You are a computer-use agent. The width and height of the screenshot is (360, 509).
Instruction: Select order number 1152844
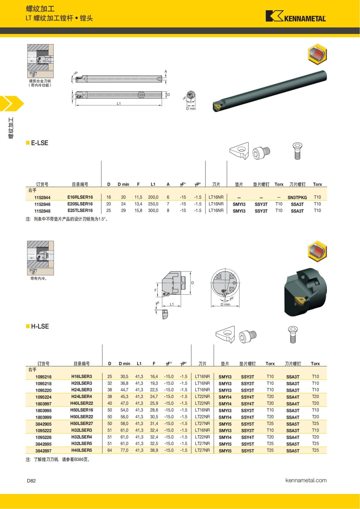click(x=42, y=197)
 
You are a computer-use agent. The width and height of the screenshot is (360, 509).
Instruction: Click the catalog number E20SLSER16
click(x=80, y=204)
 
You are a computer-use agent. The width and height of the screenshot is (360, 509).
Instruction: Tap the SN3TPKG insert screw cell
click(x=297, y=197)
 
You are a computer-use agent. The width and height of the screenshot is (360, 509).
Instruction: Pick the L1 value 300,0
click(x=153, y=211)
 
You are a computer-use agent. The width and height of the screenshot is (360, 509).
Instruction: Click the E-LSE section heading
click(x=39, y=143)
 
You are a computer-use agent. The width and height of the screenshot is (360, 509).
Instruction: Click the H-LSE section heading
click(x=40, y=326)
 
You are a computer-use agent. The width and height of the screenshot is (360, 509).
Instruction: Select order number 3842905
click(x=43, y=424)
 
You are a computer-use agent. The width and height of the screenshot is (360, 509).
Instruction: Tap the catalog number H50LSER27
click(x=82, y=424)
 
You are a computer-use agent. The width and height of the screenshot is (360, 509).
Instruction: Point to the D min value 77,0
click(x=124, y=450)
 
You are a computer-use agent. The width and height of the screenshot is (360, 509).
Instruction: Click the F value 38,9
click(x=154, y=450)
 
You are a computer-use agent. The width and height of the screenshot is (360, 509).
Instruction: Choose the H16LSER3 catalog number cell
click(x=82, y=376)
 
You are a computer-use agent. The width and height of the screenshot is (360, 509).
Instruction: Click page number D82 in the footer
click(x=31, y=481)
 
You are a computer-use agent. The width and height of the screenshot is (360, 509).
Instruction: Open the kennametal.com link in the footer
click(x=306, y=480)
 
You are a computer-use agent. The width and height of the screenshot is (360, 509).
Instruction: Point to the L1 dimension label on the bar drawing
click(x=119, y=103)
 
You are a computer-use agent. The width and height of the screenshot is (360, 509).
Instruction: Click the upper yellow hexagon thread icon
click(x=317, y=54)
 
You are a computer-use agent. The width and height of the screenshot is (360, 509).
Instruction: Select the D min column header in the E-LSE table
click(x=123, y=184)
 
